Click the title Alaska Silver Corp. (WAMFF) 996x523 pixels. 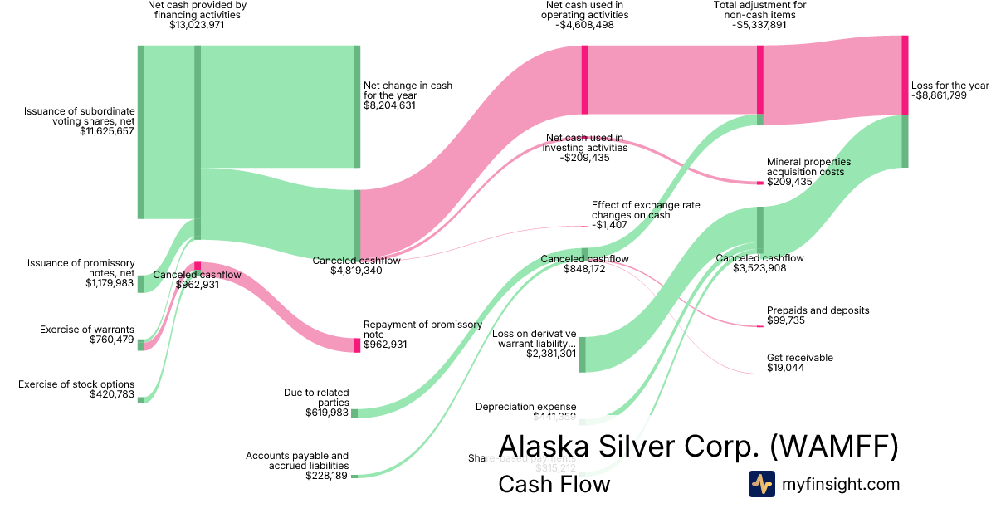pyautogui.click(x=698, y=446)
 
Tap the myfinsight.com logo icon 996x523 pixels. pyautogui.click(x=761, y=484)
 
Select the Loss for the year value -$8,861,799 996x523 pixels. pyautogui.click(x=950, y=95)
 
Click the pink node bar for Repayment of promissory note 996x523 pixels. pyautogui.click(x=357, y=345)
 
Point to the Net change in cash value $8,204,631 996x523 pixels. pyautogui.click(x=389, y=106)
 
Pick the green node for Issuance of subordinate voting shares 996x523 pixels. pyautogui.click(x=141, y=132)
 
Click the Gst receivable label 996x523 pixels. pyautogui.click(x=799, y=358)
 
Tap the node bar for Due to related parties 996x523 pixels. pyautogui.click(x=354, y=413)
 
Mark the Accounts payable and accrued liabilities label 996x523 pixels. pyautogui.click(x=297, y=461)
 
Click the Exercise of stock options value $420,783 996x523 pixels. pyautogui.click(x=112, y=393)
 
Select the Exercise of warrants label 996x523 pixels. pyautogui.click(x=87, y=330)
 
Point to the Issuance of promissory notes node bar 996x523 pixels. pyautogui.click(x=141, y=284)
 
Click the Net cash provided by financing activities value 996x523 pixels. pyautogui.click(x=197, y=25)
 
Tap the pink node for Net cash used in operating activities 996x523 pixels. pyautogui.click(x=585, y=80)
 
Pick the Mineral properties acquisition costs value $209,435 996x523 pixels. pyautogui.click(x=789, y=182)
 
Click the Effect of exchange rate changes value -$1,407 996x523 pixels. pyautogui.click(x=609, y=225)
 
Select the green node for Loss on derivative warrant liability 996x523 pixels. pyautogui.click(x=583, y=354)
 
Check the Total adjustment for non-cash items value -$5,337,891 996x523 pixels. pyautogui.click(x=759, y=25)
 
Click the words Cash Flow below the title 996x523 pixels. pyautogui.click(x=554, y=484)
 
